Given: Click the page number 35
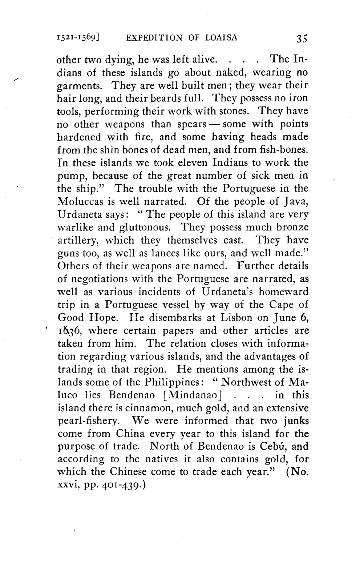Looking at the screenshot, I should coord(302,38).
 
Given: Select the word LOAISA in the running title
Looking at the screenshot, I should coord(220,37).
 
